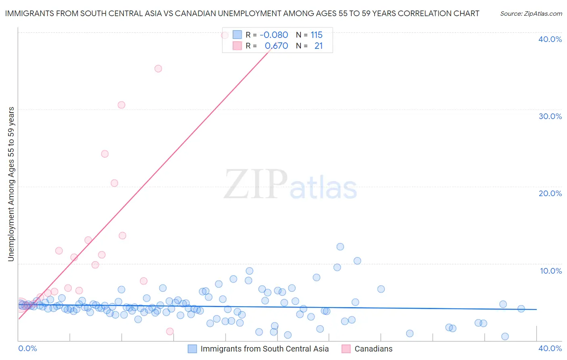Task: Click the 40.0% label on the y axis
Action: tap(550, 39)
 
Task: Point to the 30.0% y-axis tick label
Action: tap(550, 116)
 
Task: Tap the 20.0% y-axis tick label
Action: tap(550, 193)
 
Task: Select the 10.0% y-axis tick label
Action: tap(551, 271)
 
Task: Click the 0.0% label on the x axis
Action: tap(28, 348)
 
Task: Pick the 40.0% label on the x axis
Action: tap(550, 348)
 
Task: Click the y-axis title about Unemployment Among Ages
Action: tap(11, 184)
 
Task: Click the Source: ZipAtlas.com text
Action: tap(531, 14)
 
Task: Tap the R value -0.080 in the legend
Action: tap(274, 35)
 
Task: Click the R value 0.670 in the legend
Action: tap(276, 46)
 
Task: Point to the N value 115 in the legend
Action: tap(317, 35)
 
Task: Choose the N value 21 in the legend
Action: tap(319, 46)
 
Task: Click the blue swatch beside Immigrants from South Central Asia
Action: tap(192, 349)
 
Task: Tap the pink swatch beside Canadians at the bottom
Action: tap(346, 349)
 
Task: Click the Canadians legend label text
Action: tap(373, 349)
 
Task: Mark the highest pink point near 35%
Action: tap(158, 69)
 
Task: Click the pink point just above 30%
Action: tap(121, 105)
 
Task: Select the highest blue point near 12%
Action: tap(340, 247)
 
